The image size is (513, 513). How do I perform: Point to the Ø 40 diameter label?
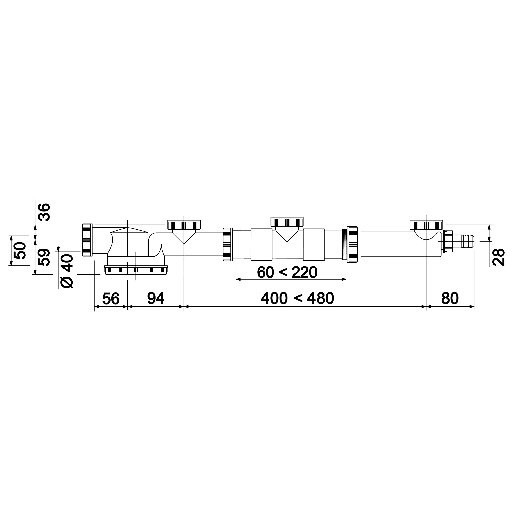click(x=67, y=271)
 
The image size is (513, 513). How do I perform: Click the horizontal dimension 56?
click(x=111, y=298)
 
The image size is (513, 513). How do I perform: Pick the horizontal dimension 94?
click(x=156, y=298)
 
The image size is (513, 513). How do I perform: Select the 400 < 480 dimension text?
click(x=297, y=298)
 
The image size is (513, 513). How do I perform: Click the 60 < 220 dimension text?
click(x=287, y=272)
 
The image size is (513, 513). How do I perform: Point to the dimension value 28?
click(x=499, y=257)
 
